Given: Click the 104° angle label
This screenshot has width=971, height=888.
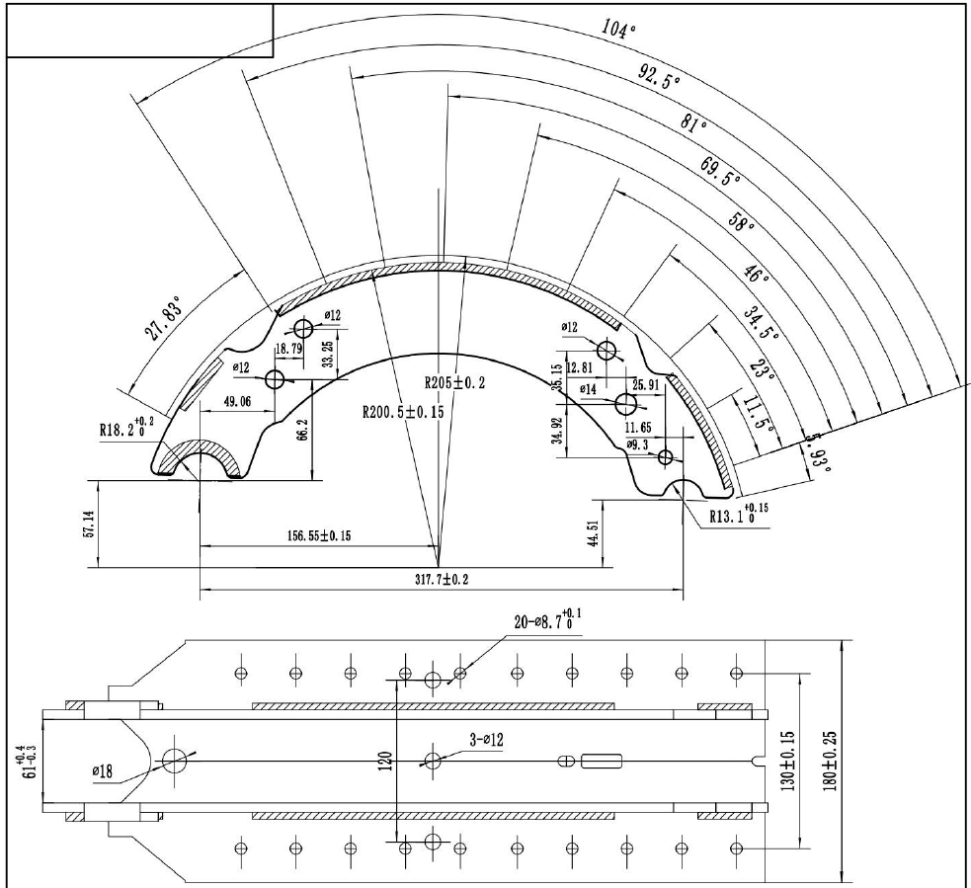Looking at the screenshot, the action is coord(618,29).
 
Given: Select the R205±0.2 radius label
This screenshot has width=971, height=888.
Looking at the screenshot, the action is coord(454,382).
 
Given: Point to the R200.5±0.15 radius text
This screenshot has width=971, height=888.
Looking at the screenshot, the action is coord(403,412).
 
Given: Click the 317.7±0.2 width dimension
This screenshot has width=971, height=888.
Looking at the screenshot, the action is coord(442,580).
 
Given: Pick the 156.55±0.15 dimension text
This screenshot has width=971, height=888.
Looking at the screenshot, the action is coord(319,535).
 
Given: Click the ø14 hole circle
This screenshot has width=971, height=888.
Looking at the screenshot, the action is coord(626,404).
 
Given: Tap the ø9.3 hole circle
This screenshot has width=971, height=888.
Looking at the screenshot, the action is coord(665,457).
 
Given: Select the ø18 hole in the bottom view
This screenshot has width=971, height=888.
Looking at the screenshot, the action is coord(175,761).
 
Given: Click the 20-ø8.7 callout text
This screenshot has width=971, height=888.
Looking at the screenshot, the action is coord(547,620).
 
